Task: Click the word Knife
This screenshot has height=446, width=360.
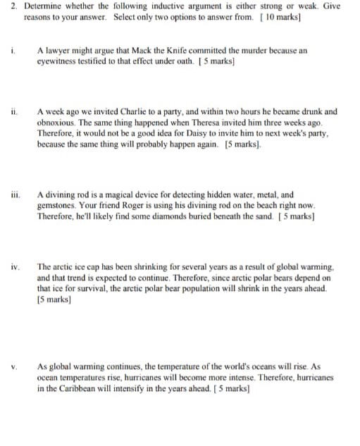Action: tap(161, 51)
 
